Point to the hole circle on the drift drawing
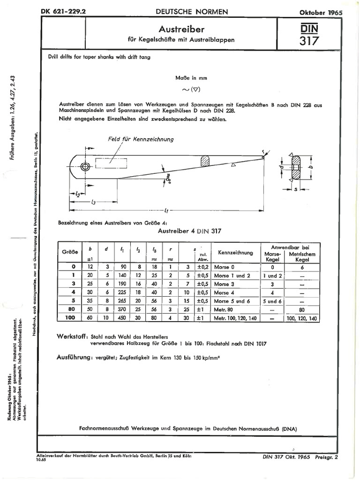[85, 167]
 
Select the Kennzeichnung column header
[232, 254]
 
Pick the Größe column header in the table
[69, 252]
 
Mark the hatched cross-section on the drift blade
[205, 161]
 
